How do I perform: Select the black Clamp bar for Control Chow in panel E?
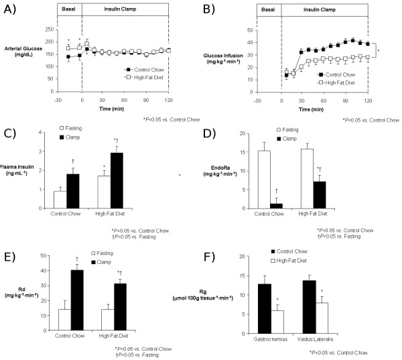[x=77, y=293]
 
